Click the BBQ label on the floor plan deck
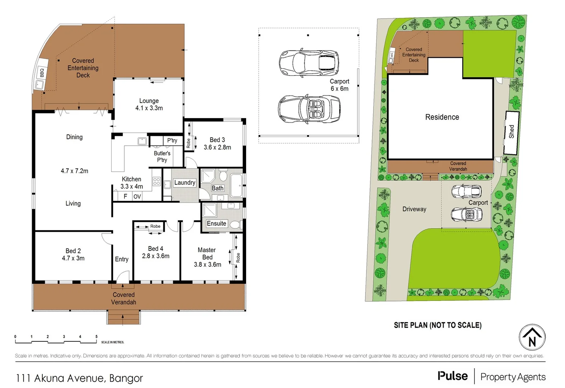[x=42, y=73]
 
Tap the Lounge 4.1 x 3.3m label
[x=149, y=105]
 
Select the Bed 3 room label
[x=217, y=140]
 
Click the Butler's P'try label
[x=162, y=157]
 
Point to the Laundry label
[x=184, y=183]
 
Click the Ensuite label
[x=216, y=223]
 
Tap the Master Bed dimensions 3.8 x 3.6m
[x=207, y=264]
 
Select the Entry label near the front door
[x=122, y=259]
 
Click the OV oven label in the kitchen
[x=137, y=197]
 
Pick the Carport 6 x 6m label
[x=339, y=85]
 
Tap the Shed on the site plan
[x=512, y=132]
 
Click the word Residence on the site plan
[x=442, y=117]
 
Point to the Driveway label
[x=414, y=209]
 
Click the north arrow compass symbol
[x=532, y=337]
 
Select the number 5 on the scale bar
[x=96, y=337]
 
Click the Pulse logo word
[x=452, y=376]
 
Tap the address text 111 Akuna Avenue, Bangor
[x=79, y=378]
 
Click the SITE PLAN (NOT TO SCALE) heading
[x=438, y=325]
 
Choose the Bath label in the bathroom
[x=217, y=188]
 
